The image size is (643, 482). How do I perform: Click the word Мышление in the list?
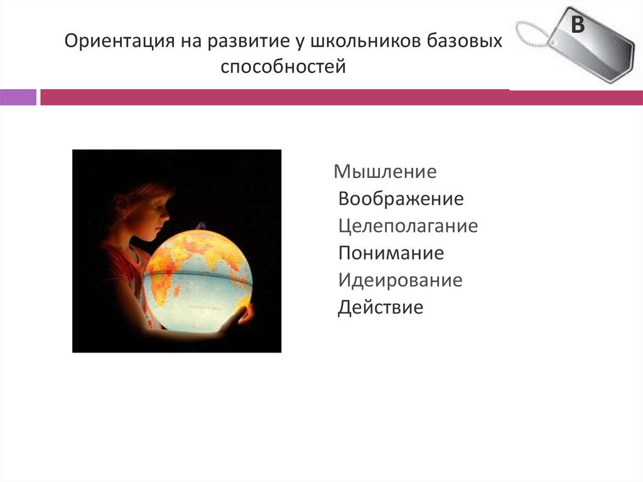pyautogui.click(x=385, y=171)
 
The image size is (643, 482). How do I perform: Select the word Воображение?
pyautogui.click(x=401, y=199)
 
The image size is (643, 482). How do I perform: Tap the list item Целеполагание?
pyautogui.click(x=408, y=226)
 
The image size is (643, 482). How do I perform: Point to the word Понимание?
pyautogui.click(x=391, y=253)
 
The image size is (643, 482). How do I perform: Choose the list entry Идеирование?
pyautogui.click(x=400, y=280)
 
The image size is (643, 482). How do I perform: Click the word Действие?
pyautogui.click(x=381, y=308)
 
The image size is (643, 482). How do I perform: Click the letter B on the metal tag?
pyautogui.click(x=577, y=26)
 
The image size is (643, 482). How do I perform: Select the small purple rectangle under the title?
pyautogui.click(x=18, y=97)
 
